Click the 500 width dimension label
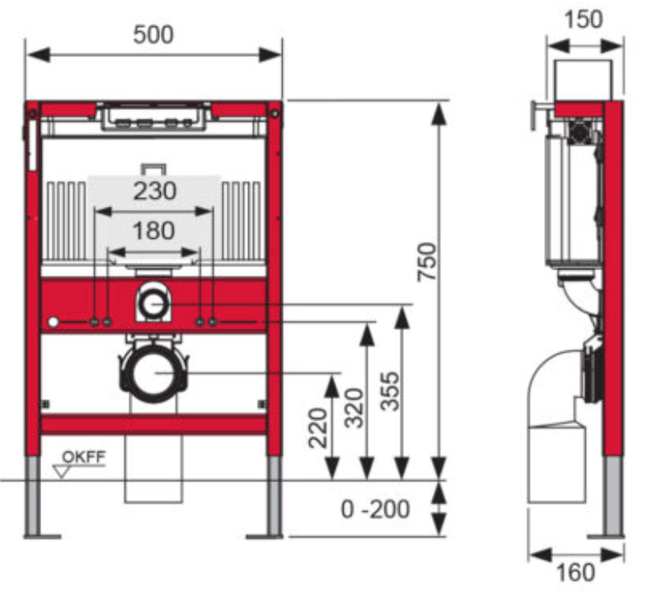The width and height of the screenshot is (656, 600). click(153, 35)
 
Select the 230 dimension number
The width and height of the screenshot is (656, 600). click(155, 191)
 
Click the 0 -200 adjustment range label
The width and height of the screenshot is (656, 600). click(376, 509)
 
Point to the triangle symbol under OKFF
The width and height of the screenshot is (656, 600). click(60, 471)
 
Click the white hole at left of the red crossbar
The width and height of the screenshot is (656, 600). click(54, 321)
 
